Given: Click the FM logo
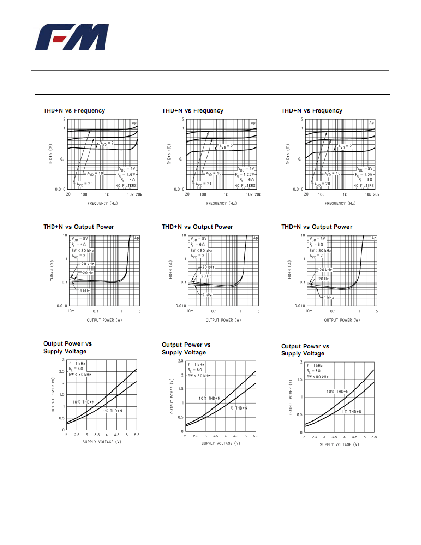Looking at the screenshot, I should (73, 38).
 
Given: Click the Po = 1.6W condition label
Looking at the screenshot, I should (126, 174).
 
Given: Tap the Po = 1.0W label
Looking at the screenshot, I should (364, 174).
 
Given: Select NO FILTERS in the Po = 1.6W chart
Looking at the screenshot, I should (126, 185).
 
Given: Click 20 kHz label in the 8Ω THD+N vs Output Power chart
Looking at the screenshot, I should (325, 270).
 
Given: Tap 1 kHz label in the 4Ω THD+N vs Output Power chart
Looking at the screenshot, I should (84, 291).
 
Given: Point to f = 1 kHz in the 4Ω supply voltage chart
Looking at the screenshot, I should (77, 363).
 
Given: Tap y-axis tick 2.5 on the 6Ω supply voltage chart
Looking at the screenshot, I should (181, 361).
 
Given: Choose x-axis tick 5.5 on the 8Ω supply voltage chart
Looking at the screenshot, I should (374, 437).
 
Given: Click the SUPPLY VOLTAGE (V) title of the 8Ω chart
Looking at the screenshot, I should (339, 444).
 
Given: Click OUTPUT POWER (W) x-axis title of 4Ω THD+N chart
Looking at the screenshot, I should (104, 320).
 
